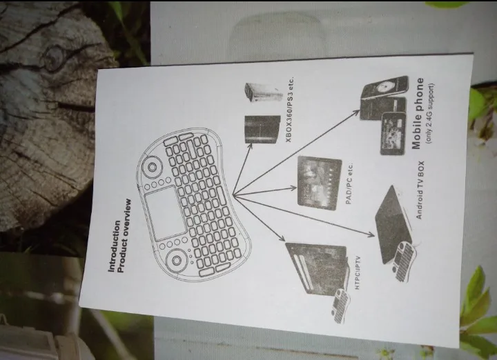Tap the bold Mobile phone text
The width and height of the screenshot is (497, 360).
(x=418, y=113)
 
